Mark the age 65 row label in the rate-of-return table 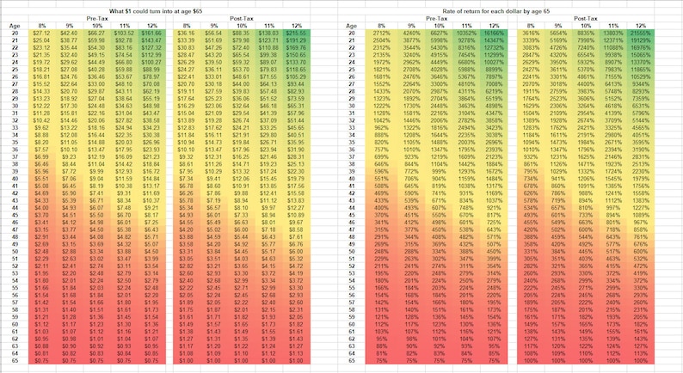click(351, 364)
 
